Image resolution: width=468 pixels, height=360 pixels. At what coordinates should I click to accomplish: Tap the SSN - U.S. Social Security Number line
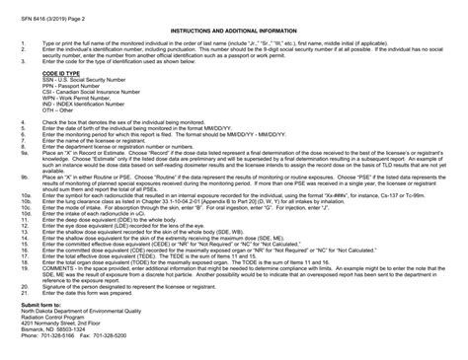(x=84, y=82)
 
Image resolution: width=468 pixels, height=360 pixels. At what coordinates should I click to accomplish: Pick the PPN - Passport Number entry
(x=68, y=88)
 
